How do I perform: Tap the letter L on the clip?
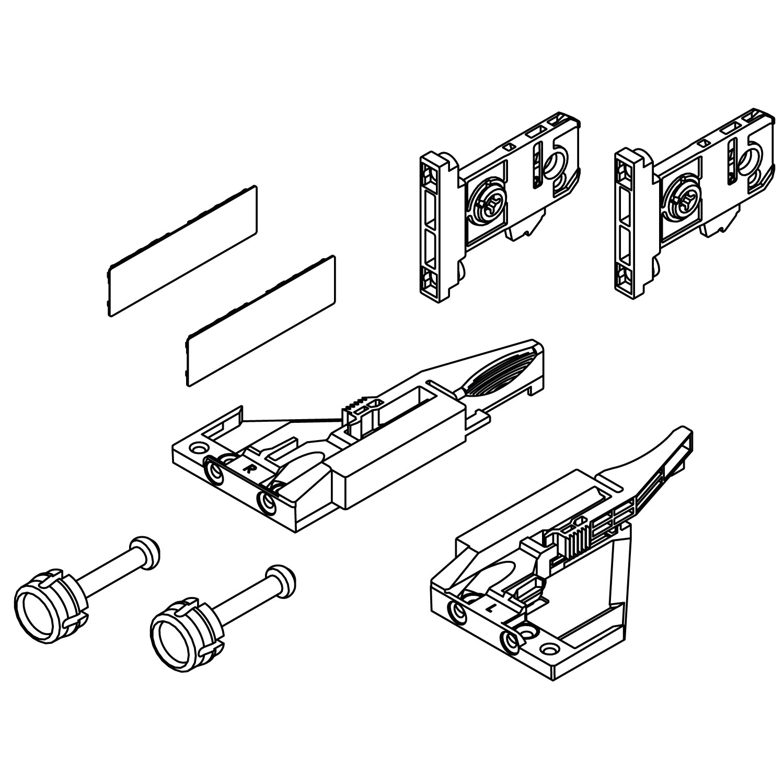488,608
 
